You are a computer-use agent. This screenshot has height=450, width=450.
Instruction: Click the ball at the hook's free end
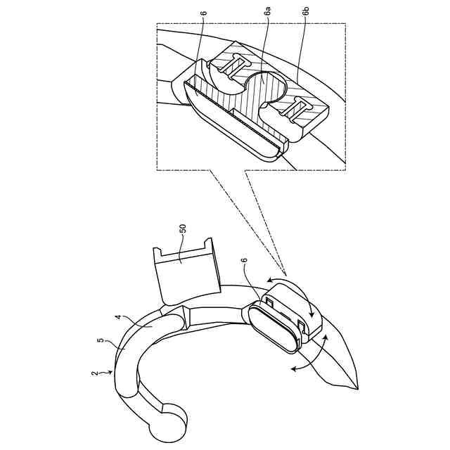(171, 419)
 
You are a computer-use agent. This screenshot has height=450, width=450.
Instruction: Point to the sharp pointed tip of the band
(357, 388)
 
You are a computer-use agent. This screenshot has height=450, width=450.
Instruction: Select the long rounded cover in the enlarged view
(225, 120)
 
